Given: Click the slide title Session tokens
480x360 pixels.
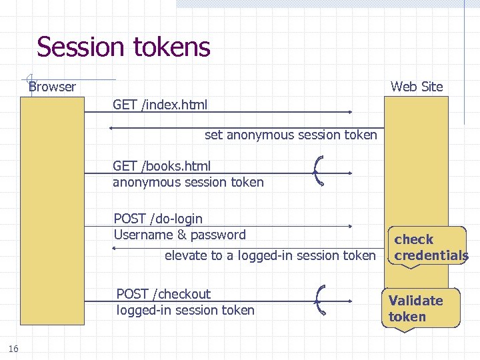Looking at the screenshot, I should click(123, 47).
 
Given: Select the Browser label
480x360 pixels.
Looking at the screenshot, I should click(52, 87).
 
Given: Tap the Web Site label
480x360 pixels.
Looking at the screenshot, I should click(416, 87).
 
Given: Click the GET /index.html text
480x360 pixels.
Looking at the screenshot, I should click(160, 105).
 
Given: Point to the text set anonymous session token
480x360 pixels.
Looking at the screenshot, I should click(290, 135).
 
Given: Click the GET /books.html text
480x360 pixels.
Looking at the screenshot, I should click(161, 166).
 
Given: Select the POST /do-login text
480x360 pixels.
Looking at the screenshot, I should click(158, 219).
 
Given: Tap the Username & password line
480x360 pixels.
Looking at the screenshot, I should click(179, 235).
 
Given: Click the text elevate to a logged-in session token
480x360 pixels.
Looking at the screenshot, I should click(270, 255).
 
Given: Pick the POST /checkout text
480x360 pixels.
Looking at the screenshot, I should click(163, 294).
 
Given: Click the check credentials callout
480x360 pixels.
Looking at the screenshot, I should click(430, 247).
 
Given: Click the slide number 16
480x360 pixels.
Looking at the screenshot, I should click(13, 348).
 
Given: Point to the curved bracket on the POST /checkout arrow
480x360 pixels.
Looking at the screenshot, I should click(320, 298).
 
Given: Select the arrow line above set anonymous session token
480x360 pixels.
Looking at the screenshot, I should click(247, 127).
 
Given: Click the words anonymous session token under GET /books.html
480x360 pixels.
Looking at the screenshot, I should click(188, 182).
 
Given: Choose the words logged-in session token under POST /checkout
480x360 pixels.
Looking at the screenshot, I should click(185, 310).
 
